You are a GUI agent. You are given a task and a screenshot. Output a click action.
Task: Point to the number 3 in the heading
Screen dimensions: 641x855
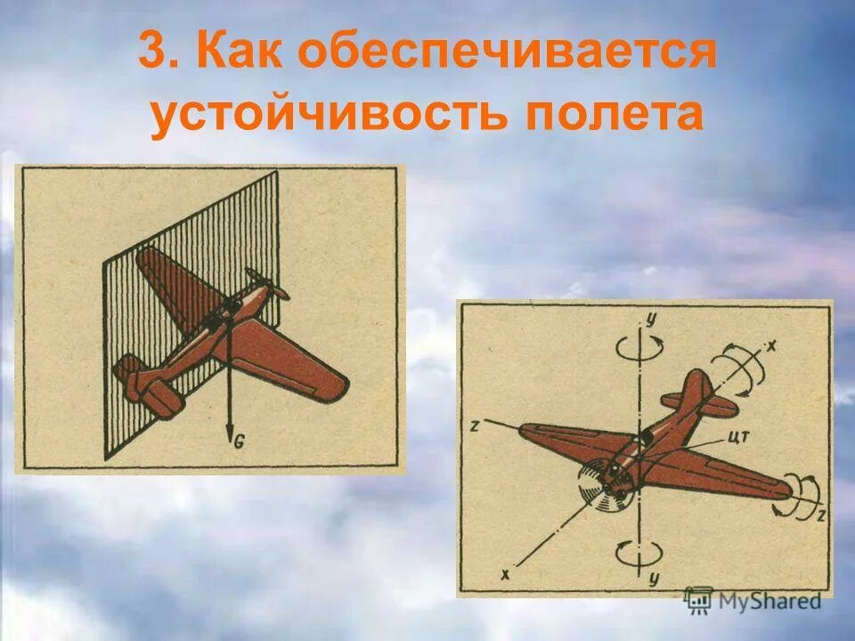pos(156,56)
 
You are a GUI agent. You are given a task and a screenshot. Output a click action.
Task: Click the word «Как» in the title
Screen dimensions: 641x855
pos(240,56)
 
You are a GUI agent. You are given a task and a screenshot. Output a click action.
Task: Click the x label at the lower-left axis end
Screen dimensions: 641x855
pos(506,574)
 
